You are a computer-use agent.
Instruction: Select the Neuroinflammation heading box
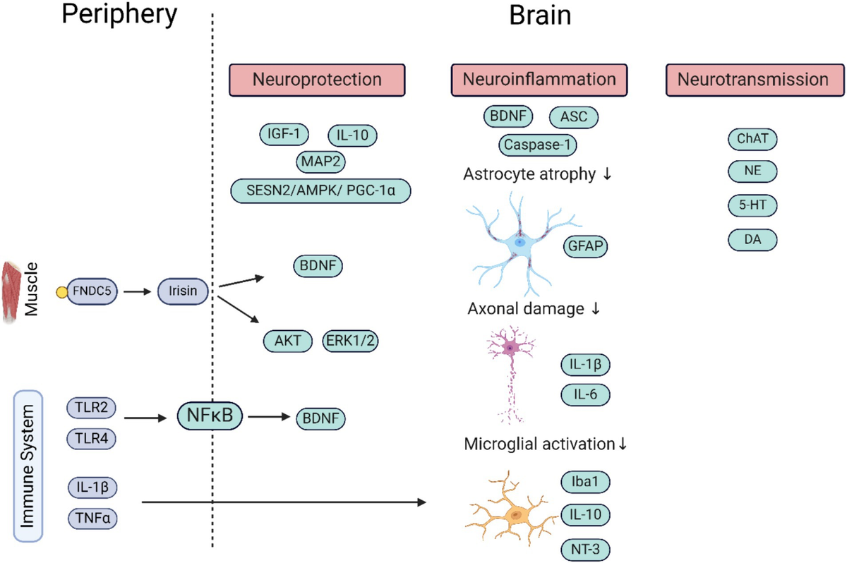(x=539, y=80)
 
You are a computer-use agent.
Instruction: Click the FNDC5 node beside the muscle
(x=92, y=289)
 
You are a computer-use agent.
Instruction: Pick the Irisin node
(x=183, y=289)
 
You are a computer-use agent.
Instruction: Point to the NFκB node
(x=210, y=416)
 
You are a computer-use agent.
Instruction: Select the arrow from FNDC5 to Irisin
(x=138, y=289)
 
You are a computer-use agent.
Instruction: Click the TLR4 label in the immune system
(x=92, y=439)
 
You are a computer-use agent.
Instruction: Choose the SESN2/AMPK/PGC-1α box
(x=321, y=190)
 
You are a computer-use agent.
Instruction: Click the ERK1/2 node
(x=350, y=341)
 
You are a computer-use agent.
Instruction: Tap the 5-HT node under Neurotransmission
(x=752, y=205)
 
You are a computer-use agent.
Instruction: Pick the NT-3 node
(x=585, y=548)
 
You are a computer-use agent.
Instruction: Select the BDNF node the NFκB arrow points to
(x=320, y=418)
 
